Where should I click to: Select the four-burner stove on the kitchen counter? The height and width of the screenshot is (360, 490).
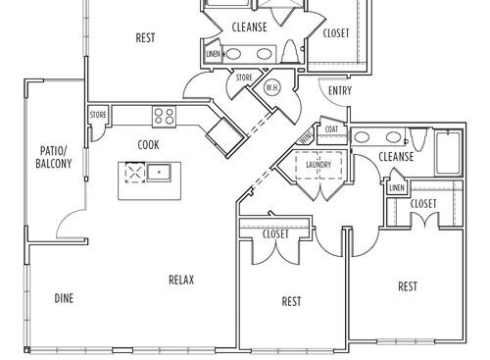pyautogui.click(x=164, y=118)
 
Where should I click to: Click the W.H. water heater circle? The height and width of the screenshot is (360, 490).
pyautogui.click(x=272, y=87)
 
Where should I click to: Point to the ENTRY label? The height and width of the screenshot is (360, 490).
pyautogui.click(x=340, y=91)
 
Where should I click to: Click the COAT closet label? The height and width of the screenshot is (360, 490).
pyautogui.click(x=330, y=129)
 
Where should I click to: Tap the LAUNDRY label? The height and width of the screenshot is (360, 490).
pyautogui.click(x=318, y=166)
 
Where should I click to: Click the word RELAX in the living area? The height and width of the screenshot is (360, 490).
pyautogui.click(x=181, y=280)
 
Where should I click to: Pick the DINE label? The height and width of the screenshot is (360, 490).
pyautogui.click(x=65, y=298)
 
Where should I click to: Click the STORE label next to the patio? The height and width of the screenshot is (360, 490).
pyautogui.click(x=98, y=116)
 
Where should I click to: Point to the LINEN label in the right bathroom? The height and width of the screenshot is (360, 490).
pyautogui.click(x=397, y=187)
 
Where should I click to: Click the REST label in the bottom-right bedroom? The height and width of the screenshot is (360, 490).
pyautogui.click(x=409, y=286)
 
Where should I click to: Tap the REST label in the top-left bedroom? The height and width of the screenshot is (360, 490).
pyautogui.click(x=146, y=38)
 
